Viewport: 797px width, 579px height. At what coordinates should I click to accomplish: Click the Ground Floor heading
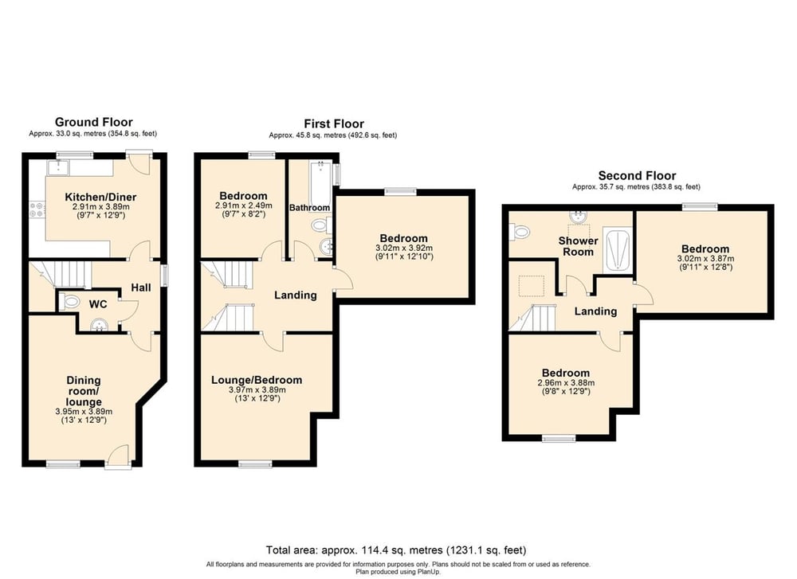pos(93,122)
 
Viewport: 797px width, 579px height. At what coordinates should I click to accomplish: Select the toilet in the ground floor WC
pos(69,302)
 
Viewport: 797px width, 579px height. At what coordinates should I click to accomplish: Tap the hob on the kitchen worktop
pos(36,209)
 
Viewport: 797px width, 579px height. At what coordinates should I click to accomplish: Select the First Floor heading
pos(333,123)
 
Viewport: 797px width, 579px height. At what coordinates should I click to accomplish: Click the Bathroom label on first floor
pos(309,208)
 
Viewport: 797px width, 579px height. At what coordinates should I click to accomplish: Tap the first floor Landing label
pos(296,295)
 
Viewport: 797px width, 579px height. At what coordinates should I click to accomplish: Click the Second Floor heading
pos(637,176)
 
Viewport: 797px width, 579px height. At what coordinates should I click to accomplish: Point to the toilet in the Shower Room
pos(522,232)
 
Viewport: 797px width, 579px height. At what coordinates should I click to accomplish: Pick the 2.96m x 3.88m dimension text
pos(566,383)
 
